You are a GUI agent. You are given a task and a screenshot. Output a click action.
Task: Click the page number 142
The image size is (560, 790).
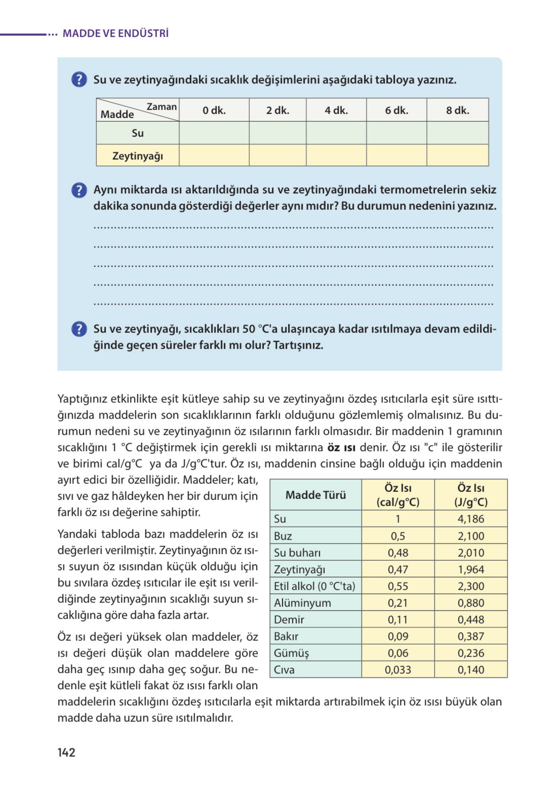(x=66, y=752)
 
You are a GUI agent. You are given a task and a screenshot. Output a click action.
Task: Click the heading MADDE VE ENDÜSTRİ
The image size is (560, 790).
(x=115, y=33)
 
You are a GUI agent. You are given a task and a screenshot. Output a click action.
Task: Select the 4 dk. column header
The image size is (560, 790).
(x=336, y=110)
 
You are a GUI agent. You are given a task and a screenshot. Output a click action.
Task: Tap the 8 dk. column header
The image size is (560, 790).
(x=457, y=110)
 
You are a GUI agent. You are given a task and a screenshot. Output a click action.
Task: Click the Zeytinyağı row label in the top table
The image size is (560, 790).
(x=137, y=156)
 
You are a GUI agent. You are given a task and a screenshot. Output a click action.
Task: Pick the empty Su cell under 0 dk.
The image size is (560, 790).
(x=214, y=133)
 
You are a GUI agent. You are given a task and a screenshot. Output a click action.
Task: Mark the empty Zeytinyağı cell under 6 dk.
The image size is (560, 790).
(x=396, y=156)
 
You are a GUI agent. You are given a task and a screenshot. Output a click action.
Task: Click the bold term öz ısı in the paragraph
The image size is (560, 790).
(x=341, y=448)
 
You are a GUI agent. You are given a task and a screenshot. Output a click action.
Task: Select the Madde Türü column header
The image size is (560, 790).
(x=316, y=495)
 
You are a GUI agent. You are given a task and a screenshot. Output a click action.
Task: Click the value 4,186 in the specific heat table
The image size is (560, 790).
(x=471, y=519)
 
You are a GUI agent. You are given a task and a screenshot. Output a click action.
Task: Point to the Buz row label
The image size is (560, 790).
(x=283, y=536)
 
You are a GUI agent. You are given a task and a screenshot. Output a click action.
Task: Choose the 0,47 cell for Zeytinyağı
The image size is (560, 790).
(x=398, y=569)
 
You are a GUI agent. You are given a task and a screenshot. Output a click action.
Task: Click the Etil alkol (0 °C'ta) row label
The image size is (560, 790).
(x=314, y=586)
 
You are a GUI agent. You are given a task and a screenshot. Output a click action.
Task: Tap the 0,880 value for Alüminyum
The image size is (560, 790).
(x=471, y=603)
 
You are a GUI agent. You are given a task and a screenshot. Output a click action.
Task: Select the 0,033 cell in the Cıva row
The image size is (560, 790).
(x=398, y=670)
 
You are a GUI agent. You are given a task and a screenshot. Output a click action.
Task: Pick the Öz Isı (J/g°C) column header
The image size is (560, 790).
(x=471, y=495)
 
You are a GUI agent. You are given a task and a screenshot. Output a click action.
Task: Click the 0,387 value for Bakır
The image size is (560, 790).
(x=471, y=636)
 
